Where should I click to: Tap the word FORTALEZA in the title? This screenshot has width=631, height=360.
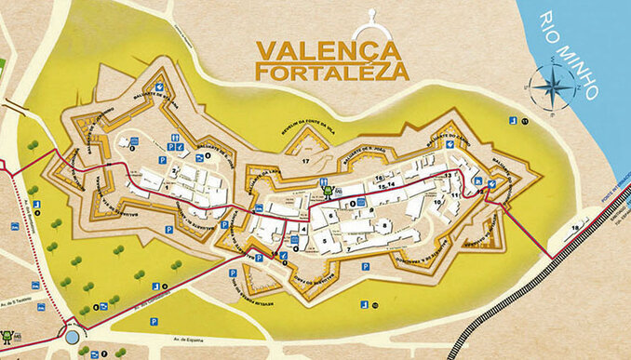332,71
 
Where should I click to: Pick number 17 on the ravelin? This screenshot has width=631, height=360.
305,161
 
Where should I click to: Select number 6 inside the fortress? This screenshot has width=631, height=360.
330,215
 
